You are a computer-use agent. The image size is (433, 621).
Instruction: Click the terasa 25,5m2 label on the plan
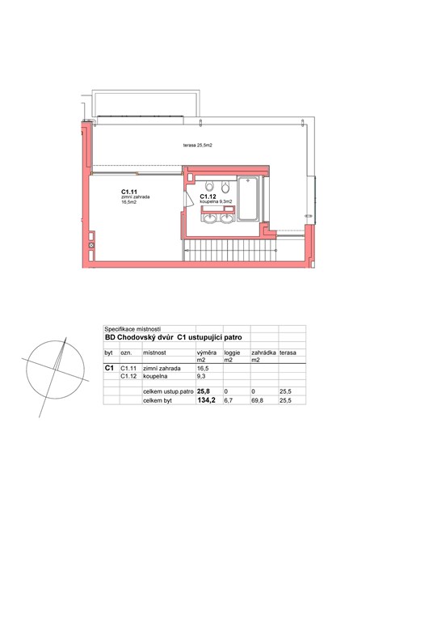[x=197, y=146]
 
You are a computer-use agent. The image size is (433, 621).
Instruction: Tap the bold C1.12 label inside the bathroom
[x=208, y=196]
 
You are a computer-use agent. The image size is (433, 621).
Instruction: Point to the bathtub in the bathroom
[x=249, y=198]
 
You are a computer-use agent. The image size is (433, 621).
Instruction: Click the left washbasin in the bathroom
[x=209, y=218]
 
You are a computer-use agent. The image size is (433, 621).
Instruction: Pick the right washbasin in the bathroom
[x=227, y=218]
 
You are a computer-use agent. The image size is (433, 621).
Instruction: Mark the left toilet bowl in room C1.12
[x=210, y=185]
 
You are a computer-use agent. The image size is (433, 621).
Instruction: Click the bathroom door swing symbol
[x=188, y=199]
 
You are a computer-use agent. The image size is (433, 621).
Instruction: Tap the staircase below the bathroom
[x=230, y=251]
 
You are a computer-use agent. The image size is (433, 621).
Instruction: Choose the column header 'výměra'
[x=207, y=353]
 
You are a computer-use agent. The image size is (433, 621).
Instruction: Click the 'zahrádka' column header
[x=263, y=353]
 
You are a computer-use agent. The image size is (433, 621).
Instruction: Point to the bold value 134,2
[x=206, y=400]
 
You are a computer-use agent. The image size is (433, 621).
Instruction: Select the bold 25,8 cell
[x=204, y=391]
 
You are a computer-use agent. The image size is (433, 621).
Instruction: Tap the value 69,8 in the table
[x=257, y=400]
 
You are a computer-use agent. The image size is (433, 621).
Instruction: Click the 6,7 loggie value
[x=229, y=400]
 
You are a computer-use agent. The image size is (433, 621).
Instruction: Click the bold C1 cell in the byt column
[x=109, y=368]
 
